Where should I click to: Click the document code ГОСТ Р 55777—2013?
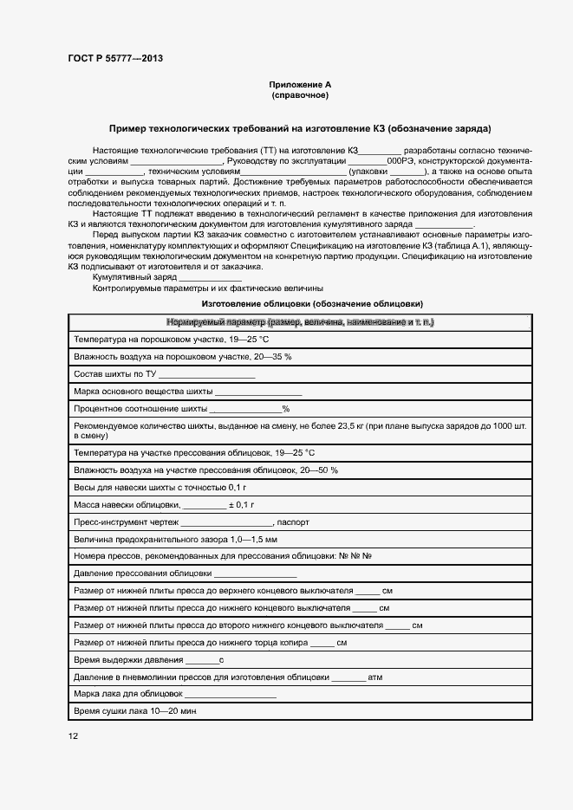[114, 59]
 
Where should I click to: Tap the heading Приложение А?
[300, 85]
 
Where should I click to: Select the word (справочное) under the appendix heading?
[300, 95]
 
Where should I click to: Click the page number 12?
[73, 736]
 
